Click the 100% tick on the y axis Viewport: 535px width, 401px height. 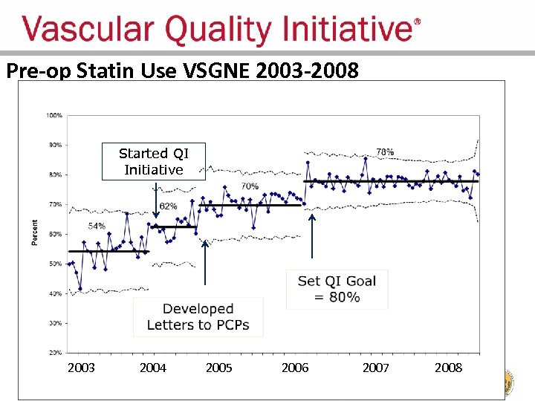(x=54, y=115)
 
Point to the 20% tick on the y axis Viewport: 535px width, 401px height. (x=54, y=353)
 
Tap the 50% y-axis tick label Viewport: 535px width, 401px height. (x=54, y=264)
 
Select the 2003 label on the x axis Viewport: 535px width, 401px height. (x=81, y=368)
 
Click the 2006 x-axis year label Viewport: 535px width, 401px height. (x=295, y=368)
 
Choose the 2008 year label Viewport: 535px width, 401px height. (x=448, y=368)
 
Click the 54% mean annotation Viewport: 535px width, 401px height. (x=97, y=226)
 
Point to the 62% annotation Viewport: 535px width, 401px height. (x=168, y=206)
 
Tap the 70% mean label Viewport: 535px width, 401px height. (x=250, y=186)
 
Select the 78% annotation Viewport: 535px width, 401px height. (x=385, y=152)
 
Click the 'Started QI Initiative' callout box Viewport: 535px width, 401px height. (x=154, y=162)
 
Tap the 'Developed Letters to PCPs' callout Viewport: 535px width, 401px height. (x=198, y=317)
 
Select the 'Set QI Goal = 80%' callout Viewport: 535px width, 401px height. (x=337, y=289)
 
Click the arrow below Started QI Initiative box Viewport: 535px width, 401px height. (x=155, y=200)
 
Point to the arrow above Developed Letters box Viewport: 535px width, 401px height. (x=204, y=267)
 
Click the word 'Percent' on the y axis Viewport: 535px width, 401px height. (x=34, y=233)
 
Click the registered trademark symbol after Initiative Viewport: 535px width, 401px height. (x=416, y=22)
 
